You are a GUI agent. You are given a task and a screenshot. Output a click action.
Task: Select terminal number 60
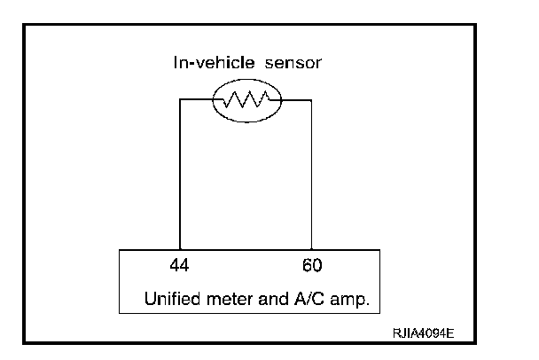click(311, 265)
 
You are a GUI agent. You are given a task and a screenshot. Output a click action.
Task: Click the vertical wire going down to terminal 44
click(180, 177)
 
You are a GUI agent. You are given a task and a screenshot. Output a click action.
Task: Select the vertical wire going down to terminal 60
click(311, 177)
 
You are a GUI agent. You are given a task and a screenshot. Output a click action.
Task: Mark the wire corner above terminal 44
click(180, 100)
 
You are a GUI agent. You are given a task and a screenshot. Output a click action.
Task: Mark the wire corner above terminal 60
click(311, 100)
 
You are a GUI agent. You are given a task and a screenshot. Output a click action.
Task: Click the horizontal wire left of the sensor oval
click(196, 100)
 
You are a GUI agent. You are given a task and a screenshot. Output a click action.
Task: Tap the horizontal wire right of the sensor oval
click(297, 100)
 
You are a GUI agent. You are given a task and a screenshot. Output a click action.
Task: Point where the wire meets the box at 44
click(180, 251)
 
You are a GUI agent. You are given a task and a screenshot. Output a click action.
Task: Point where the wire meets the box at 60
click(311, 251)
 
